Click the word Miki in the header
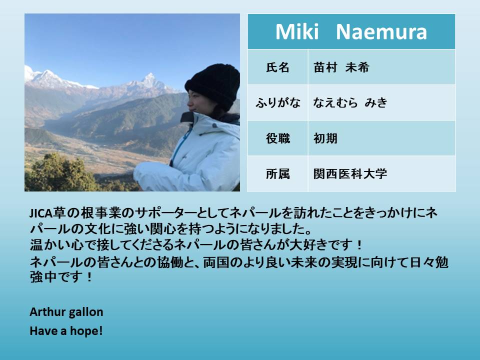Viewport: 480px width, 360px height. (297, 31)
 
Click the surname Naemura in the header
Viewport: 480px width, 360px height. (381, 32)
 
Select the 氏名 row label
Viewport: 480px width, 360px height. (277, 67)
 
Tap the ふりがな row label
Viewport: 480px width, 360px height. (277, 102)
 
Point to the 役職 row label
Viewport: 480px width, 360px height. (277, 138)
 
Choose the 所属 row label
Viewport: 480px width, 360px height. (277, 174)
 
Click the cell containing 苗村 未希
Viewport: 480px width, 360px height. (381, 67)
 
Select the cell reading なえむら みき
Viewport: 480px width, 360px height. (381, 102)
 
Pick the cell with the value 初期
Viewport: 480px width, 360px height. (381, 138)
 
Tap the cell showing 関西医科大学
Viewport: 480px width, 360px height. (381, 174)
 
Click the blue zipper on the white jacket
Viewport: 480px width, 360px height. (180, 144)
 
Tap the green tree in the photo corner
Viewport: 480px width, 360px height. (58, 173)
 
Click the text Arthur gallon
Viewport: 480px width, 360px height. (66, 312)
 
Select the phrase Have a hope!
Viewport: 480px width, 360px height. (66, 331)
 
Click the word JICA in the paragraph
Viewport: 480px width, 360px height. (41, 213)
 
